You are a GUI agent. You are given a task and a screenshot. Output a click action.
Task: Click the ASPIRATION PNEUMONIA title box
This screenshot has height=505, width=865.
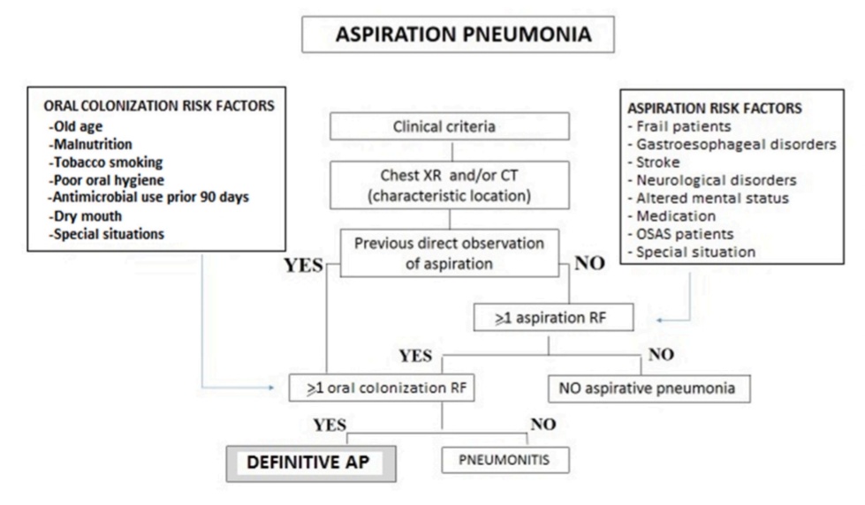tap(458, 35)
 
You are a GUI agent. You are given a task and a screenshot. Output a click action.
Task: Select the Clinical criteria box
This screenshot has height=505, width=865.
tap(444, 126)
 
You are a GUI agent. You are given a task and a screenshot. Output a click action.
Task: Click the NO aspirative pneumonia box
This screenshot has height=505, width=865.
tap(649, 388)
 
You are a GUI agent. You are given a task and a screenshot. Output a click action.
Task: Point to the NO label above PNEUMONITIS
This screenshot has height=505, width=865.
tap(543, 425)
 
